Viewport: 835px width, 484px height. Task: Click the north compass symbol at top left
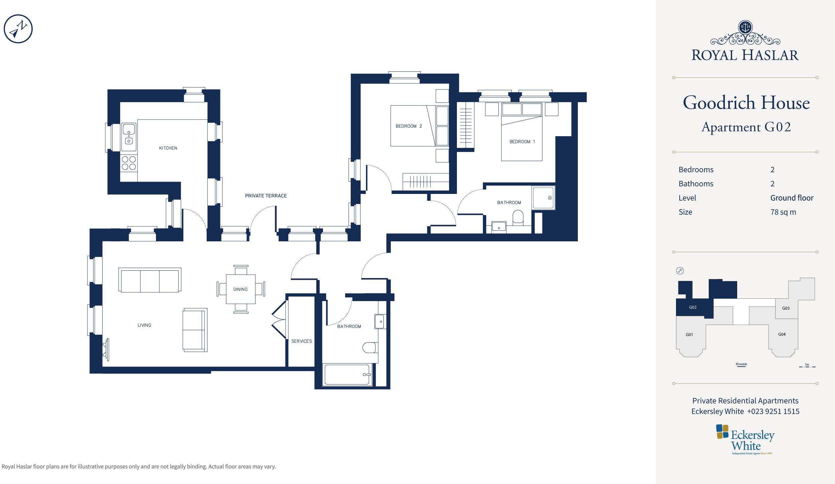tap(18, 29)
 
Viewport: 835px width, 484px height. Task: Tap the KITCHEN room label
tap(168, 148)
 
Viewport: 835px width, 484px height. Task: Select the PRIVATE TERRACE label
tap(266, 196)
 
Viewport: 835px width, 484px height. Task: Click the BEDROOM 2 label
tap(409, 126)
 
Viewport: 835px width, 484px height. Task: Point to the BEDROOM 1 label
tap(522, 142)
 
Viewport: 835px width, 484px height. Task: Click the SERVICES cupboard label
tap(302, 341)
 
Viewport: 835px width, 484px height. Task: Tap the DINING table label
tap(240, 289)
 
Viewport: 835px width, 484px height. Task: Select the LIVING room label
tap(144, 325)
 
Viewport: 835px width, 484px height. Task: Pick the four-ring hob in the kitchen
tap(129, 163)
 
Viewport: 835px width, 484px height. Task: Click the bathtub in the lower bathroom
tap(347, 375)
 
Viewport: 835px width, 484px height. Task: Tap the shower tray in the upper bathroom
tap(543, 198)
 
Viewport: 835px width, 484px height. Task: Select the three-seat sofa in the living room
tap(150, 280)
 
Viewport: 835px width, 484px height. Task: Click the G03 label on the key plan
tap(786, 308)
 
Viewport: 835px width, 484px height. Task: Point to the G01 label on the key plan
tap(689, 334)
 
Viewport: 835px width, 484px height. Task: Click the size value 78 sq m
tap(783, 212)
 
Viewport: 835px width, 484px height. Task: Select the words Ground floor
tap(792, 198)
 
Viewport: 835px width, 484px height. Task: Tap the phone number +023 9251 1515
tap(773, 411)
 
